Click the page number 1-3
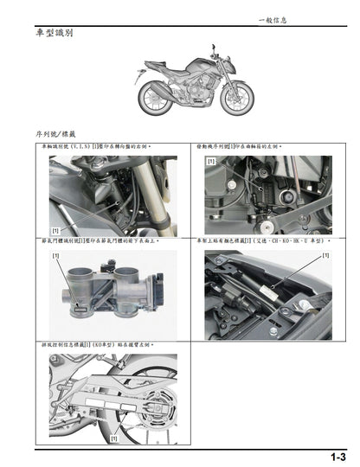[x=337, y=456]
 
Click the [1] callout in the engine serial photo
[x=210, y=162]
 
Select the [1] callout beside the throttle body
[x=56, y=257]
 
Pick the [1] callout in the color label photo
[x=325, y=256]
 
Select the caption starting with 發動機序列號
[x=254, y=148]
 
